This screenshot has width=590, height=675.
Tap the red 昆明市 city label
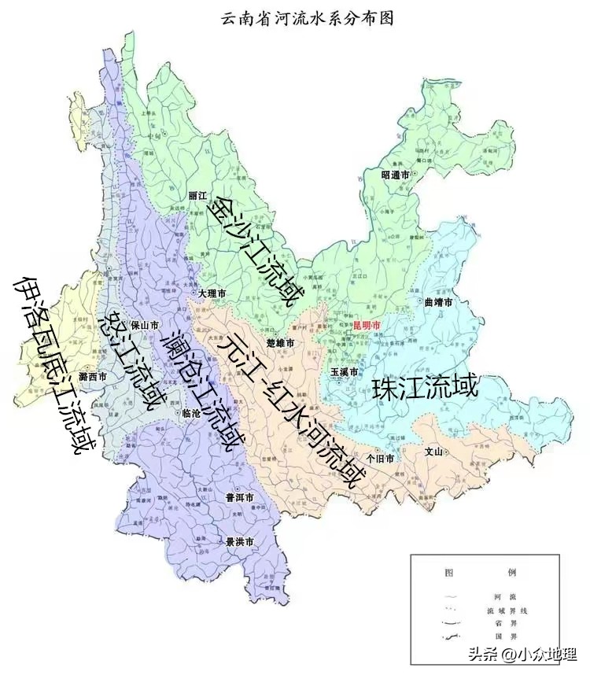[x=367, y=324]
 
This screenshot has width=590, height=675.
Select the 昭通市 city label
[x=396, y=175]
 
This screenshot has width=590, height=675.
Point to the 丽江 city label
[x=197, y=195]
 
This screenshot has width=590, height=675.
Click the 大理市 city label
[x=212, y=293]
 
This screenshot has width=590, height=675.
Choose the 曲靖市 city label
[x=438, y=302]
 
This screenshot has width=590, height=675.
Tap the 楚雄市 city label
[x=280, y=344]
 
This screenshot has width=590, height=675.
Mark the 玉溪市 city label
[x=345, y=371]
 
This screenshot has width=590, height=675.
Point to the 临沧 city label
[x=191, y=413]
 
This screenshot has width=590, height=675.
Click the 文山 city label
[x=435, y=452]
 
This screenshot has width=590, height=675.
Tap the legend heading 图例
[x=480, y=572]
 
